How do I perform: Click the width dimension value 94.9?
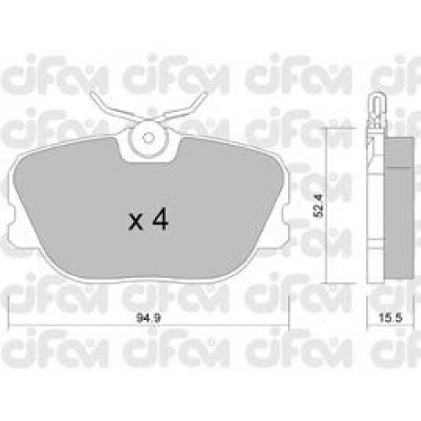[148, 318]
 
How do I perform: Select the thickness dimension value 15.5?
[391, 318]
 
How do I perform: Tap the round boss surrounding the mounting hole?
[148, 138]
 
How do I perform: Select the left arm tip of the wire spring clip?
[93, 94]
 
